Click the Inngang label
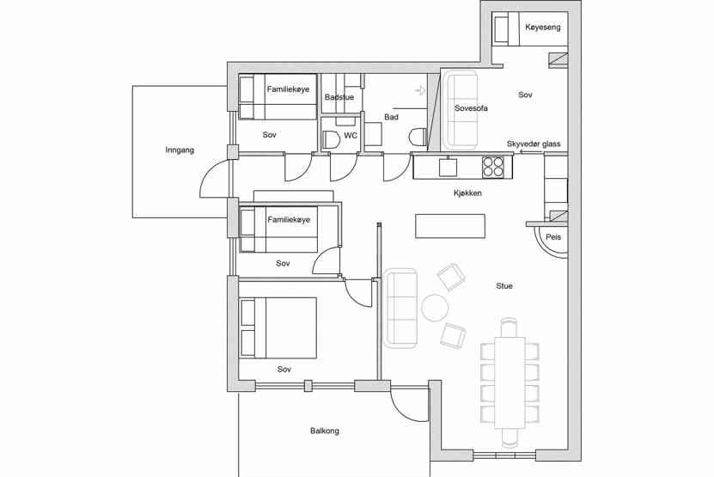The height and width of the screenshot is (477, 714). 180,150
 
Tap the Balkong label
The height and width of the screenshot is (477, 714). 325,431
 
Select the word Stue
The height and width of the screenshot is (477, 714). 504,285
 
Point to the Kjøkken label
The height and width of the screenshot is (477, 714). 467,193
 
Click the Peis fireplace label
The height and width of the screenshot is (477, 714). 553,237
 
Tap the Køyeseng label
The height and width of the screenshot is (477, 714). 543,28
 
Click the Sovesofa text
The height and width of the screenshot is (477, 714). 471,108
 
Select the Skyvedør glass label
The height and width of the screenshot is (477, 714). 534,144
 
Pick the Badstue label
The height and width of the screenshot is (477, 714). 339,97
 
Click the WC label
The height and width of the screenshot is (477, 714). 351,135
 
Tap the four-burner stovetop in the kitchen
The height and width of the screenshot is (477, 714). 493,166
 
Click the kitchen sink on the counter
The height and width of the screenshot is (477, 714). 448,167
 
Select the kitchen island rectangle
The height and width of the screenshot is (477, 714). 450,226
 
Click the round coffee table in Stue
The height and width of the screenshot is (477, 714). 435,308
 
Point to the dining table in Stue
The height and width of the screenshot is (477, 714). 510,382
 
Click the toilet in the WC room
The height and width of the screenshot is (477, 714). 331,139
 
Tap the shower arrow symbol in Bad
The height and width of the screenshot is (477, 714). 421,90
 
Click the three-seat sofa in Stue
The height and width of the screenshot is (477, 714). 400,309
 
